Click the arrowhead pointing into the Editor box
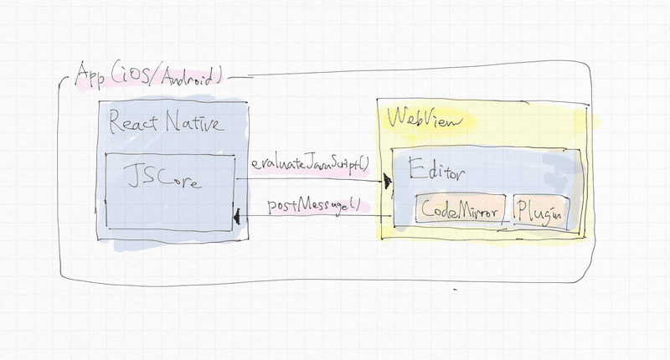click(388, 180)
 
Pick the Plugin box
click(539, 213)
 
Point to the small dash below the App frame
click(456, 291)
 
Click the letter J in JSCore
click(131, 177)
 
